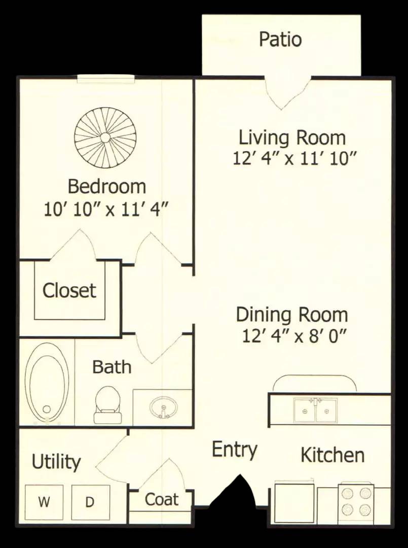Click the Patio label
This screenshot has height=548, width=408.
(280, 39)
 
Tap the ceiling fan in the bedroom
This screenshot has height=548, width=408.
(105, 138)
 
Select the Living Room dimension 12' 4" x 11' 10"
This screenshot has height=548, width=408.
(294, 159)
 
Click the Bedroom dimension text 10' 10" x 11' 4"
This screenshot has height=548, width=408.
(106, 210)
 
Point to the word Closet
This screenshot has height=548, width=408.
(69, 290)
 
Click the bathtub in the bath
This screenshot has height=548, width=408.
(47, 383)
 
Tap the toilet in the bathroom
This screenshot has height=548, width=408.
(107, 405)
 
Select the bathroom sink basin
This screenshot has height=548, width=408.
(163, 407)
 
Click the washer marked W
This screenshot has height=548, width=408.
(44, 502)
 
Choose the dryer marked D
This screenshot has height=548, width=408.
(90, 502)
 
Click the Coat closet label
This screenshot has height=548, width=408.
(162, 499)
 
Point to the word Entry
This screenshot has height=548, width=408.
(235, 450)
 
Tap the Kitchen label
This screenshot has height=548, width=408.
(332, 455)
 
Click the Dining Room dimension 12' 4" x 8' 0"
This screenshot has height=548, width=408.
(294, 337)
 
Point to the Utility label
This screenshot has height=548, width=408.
(56, 462)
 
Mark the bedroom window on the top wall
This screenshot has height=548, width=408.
(106, 79)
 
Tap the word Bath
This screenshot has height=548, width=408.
(112, 367)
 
